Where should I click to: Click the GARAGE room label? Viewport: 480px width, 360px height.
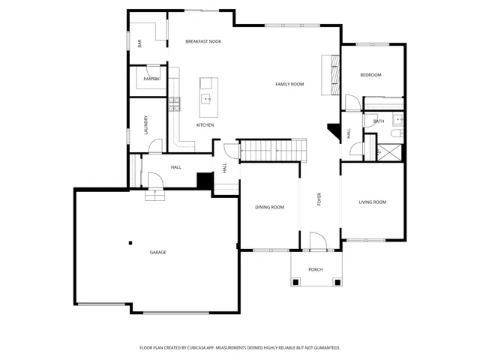(157, 252)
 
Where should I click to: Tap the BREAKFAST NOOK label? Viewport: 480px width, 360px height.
(203, 41)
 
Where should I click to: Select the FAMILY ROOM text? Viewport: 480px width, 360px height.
(289, 84)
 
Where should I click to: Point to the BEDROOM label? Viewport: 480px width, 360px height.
(370, 75)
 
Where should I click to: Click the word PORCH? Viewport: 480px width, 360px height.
(316, 269)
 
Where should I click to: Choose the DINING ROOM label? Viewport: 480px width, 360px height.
(269, 207)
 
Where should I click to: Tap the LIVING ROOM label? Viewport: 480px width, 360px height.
(372, 202)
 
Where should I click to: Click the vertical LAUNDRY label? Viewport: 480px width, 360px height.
(145, 124)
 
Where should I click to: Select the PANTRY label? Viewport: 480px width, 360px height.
(151, 79)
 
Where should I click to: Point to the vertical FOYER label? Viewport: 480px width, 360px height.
(319, 199)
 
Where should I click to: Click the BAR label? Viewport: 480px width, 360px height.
(139, 43)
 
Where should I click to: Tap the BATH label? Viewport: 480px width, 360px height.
(379, 121)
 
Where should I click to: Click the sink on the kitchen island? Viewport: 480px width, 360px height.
(207, 98)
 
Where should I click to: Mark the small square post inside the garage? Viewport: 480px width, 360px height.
(130, 242)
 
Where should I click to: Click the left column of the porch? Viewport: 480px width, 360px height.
(295, 282)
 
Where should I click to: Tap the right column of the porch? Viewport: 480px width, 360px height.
(337, 282)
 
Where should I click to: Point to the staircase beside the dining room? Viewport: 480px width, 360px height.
(273, 150)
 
